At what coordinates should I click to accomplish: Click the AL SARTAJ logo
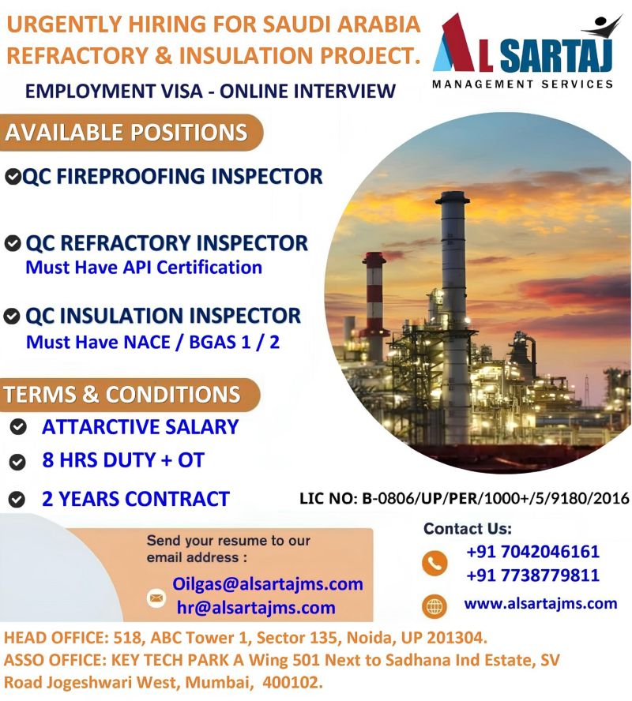(523, 51)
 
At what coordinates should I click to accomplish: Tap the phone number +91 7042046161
(532, 551)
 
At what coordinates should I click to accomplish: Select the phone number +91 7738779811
(532, 575)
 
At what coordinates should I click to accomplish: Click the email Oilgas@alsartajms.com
(268, 584)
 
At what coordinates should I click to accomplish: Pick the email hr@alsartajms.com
(256, 608)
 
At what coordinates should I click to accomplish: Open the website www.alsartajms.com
(540, 604)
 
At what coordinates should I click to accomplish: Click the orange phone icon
(434, 562)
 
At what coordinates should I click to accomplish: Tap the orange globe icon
(434, 607)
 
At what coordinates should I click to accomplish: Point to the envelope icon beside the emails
(156, 598)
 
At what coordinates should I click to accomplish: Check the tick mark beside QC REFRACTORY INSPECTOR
(13, 243)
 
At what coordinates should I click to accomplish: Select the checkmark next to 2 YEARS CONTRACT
(17, 499)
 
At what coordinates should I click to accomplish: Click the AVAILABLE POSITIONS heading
(126, 133)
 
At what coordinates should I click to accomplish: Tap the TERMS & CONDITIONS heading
(122, 395)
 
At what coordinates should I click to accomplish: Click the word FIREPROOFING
(130, 176)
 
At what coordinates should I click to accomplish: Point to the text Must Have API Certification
(144, 268)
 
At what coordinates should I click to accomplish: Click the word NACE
(146, 342)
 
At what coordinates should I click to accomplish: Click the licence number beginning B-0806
(495, 498)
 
